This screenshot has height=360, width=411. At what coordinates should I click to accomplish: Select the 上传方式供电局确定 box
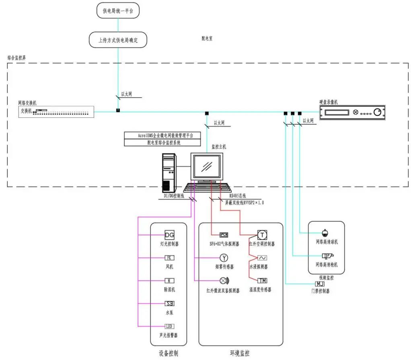(118, 40)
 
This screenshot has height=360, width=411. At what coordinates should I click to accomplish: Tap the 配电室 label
(207, 39)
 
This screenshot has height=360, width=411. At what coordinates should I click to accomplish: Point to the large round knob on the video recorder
(377, 113)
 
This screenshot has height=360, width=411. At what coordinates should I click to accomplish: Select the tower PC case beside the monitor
(169, 173)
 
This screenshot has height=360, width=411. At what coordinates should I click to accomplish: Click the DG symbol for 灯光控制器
(169, 235)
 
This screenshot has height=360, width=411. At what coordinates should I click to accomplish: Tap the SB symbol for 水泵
(169, 304)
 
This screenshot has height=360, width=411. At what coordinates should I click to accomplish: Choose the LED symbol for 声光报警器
(169, 326)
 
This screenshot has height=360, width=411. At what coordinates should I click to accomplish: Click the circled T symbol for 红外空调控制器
(262, 235)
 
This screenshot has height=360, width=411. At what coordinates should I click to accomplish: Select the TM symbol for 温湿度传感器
(262, 281)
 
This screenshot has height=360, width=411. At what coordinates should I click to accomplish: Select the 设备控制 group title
(168, 354)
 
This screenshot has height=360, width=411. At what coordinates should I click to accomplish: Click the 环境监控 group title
(240, 354)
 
